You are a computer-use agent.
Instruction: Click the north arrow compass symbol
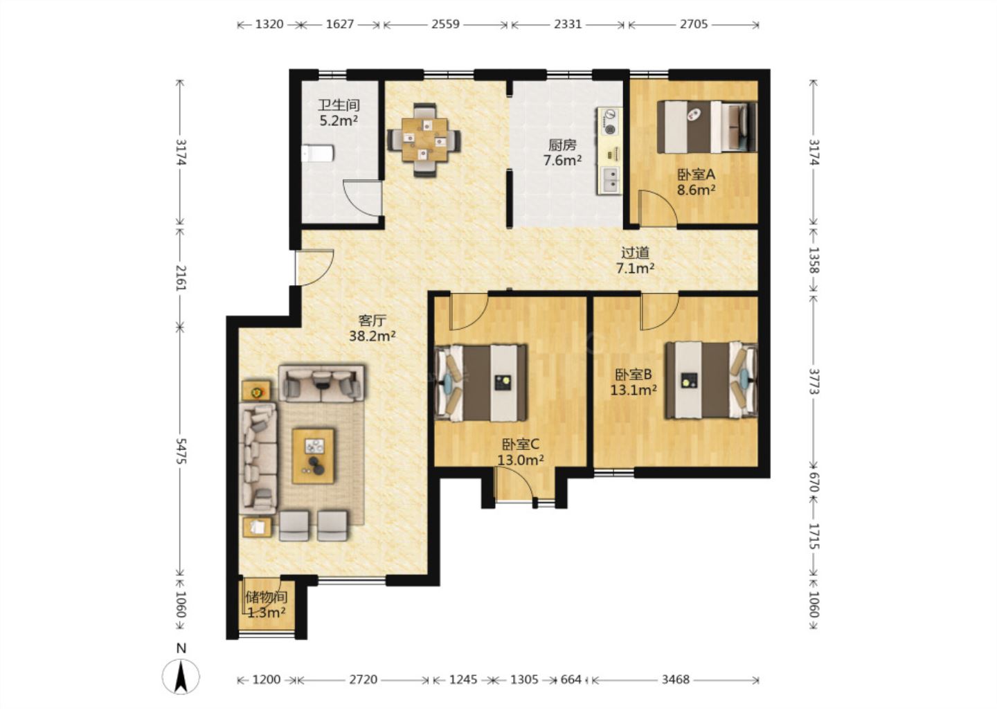[x=180, y=676]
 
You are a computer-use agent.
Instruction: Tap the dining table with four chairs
[x=424, y=140]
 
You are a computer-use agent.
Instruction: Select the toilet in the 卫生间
[x=317, y=153]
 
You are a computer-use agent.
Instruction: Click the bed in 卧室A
[x=708, y=127]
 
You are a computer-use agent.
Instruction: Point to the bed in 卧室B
[x=711, y=381]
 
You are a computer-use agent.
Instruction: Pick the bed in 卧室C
[x=481, y=383]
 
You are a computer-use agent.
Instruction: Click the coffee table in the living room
[x=314, y=456]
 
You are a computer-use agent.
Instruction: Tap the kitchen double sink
[x=610, y=180]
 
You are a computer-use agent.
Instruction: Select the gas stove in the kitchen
[x=609, y=122]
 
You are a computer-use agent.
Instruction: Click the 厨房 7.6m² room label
[x=562, y=152]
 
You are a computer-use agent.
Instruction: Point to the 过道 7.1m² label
[x=635, y=260]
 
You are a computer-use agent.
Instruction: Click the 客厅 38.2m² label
[x=372, y=328]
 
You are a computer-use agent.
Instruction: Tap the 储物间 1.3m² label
[x=266, y=604]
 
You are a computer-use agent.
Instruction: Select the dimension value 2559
[x=445, y=24]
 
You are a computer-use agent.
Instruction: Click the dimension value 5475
[x=180, y=451]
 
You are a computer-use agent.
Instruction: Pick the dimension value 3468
[x=675, y=680]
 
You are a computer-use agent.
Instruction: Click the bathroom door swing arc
[x=361, y=199]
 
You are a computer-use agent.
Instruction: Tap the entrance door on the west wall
[x=314, y=267]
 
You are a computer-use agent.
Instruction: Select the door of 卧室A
[x=658, y=208]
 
